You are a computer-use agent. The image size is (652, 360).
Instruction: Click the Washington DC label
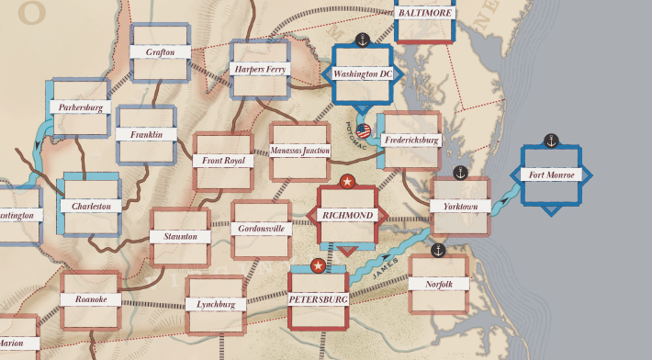(362, 73)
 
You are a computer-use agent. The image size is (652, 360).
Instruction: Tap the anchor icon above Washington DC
(362, 39)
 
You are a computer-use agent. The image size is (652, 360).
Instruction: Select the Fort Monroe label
(552, 174)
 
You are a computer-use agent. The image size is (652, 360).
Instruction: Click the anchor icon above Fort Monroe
(551, 141)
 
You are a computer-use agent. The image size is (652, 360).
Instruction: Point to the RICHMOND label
(347, 215)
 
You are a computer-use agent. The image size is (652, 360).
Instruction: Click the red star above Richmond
(347, 182)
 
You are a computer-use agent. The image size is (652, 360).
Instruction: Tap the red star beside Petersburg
(318, 266)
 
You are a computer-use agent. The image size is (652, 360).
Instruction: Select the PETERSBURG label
(318, 299)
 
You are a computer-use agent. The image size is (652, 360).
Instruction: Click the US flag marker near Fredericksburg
(364, 131)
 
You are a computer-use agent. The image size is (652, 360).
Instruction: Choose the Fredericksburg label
(411, 141)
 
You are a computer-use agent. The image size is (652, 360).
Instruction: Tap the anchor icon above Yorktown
(461, 173)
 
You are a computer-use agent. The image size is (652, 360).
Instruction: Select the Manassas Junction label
(300, 151)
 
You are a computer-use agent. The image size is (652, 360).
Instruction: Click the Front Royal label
(223, 161)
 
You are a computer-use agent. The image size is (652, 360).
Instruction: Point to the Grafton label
(161, 52)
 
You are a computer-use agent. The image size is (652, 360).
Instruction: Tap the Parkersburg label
(80, 107)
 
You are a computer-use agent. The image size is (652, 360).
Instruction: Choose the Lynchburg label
(216, 304)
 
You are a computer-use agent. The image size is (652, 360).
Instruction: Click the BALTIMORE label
(425, 13)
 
